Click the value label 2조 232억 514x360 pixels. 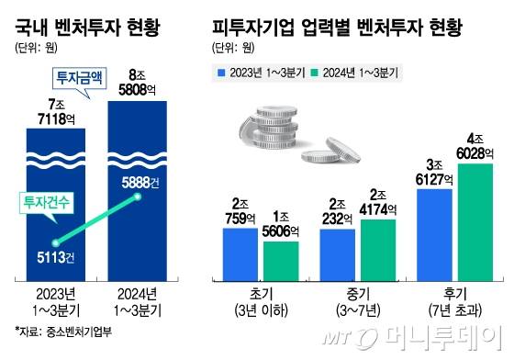[x=339, y=213]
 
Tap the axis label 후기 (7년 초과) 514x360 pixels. [x=457, y=303]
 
